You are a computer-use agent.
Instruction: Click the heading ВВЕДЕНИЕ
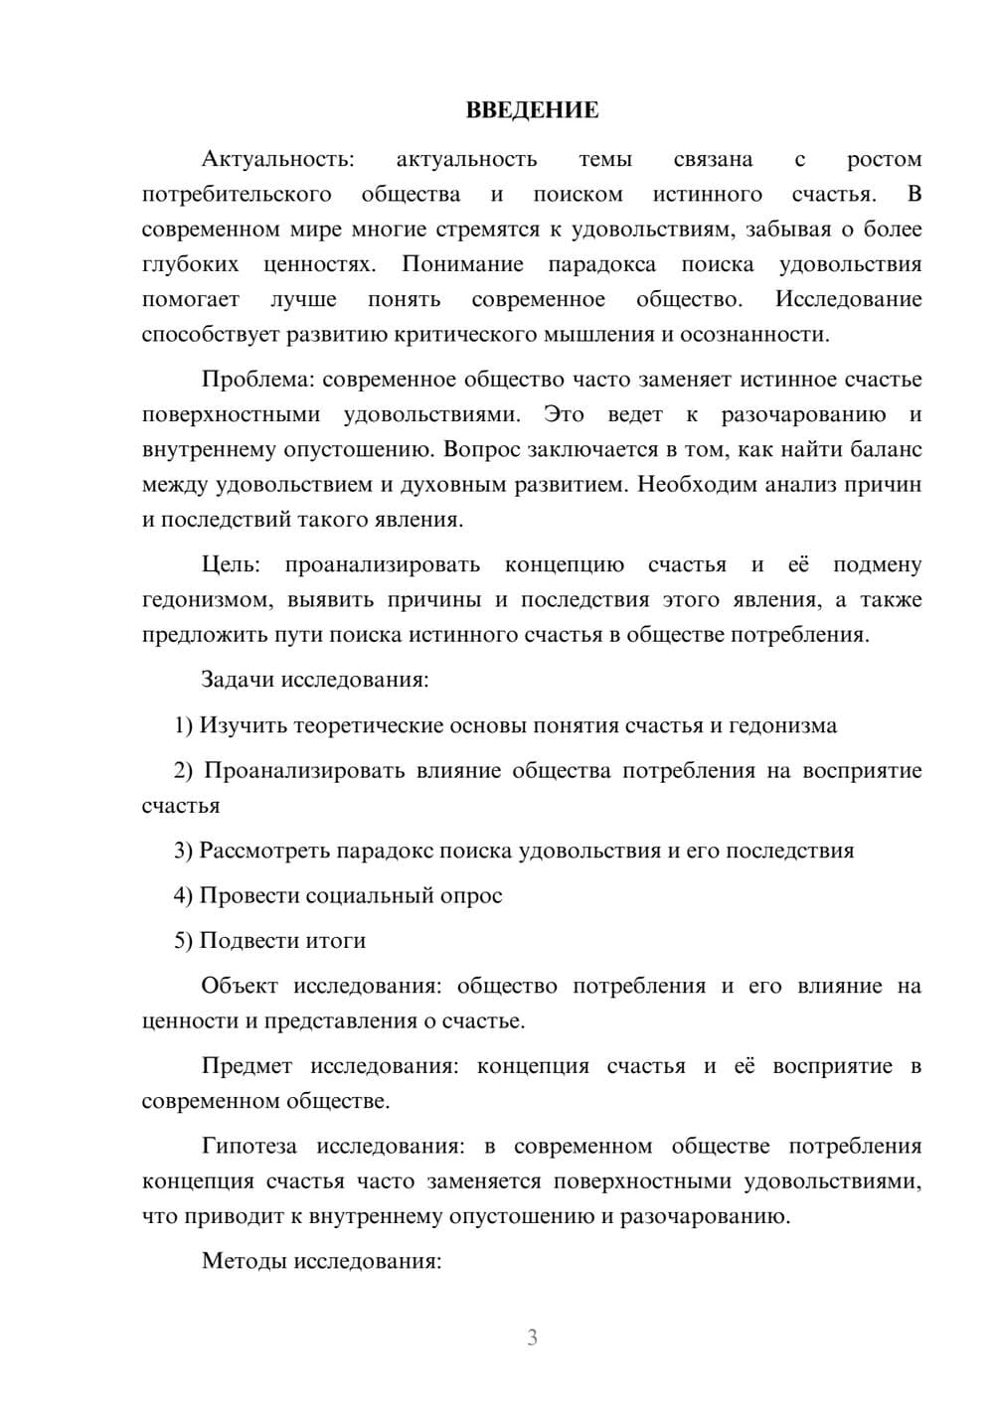[532, 110]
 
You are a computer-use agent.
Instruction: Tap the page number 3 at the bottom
[532, 1337]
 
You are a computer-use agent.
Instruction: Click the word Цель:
[231, 565]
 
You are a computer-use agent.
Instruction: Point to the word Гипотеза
[248, 1147]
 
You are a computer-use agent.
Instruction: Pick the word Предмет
[247, 1066]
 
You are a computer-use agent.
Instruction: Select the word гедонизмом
[206, 600]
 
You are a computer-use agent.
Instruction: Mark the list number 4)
[183, 896]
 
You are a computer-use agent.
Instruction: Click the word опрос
[470, 896]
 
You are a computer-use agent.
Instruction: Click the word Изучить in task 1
[244, 725]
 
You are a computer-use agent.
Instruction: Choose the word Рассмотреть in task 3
[264, 852]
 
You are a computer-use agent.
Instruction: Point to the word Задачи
[238, 681]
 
